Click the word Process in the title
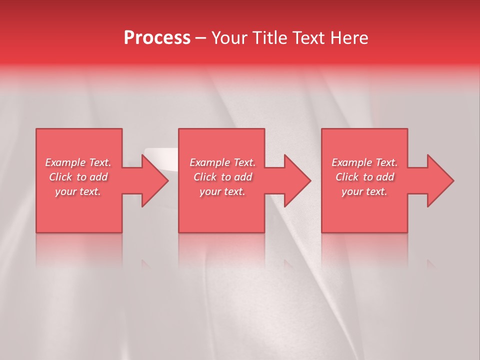tap(157, 38)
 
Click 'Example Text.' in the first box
tap(78, 162)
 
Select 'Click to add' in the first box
tap(78, 177)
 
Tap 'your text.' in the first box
tap(78, 191)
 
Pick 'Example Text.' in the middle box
tap(222, 162)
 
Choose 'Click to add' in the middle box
tap(222, 177)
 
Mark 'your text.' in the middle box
tap(222, 191)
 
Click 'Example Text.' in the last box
tap(364, 162)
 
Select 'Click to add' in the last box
tap(364, 177)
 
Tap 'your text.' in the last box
tap(364, 191)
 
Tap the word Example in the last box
tap(352, 162)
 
